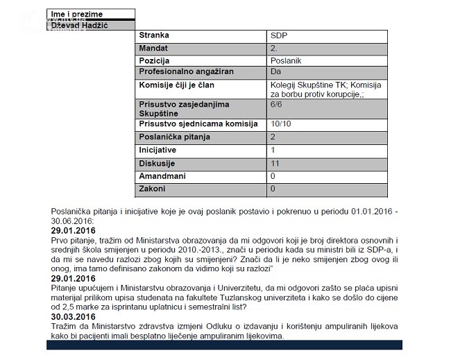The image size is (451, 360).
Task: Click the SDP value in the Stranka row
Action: click(279, 35)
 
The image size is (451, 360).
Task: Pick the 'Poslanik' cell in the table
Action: click(287, 61)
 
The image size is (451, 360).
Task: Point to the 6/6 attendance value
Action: click(278, 104)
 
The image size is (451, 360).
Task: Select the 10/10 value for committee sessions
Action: click(282, 124)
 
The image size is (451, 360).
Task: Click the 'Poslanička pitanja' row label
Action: click(174, 137)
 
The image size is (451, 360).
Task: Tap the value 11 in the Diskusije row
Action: click(275, 163)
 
